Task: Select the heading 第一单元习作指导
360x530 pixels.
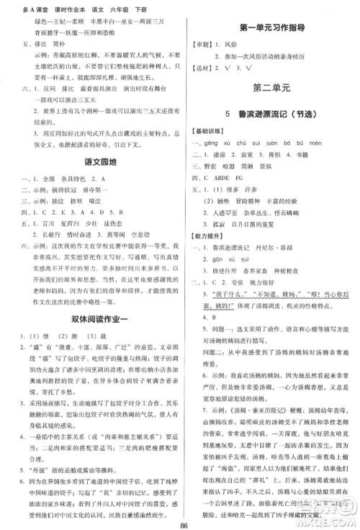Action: pos(270,28)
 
